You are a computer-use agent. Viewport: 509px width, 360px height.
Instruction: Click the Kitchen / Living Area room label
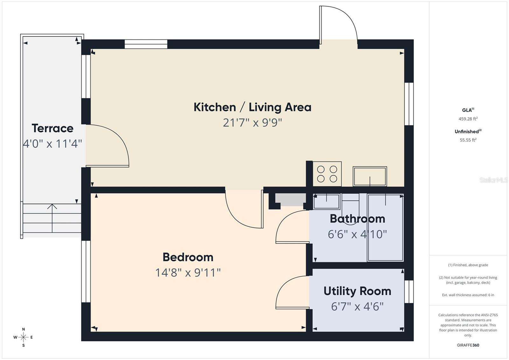click(252, 107)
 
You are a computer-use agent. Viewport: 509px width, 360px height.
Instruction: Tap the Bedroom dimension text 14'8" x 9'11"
click(188, 272)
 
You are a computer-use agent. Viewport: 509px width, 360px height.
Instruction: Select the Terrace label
click(52, 128)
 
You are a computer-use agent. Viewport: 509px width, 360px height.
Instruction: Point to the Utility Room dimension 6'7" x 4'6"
click(357, 307)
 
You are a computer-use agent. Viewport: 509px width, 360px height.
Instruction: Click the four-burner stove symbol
click(327, 174)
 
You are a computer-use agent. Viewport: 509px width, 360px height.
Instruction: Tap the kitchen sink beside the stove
click(370, 176)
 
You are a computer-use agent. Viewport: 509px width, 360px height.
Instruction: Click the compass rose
click(23, 337)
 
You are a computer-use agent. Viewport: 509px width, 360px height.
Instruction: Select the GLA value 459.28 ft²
click(468, 119)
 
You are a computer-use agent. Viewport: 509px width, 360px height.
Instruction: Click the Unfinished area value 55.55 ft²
click(468, 140)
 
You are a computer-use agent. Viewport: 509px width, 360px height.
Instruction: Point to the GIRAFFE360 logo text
click(468, 345)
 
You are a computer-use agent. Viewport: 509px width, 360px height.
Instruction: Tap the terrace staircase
click(52, 218)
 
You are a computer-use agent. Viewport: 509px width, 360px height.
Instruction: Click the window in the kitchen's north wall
click(146, 44)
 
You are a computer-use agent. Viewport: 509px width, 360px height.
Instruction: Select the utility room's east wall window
click(409, 292)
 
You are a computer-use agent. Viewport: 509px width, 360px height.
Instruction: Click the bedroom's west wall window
click(86, 271)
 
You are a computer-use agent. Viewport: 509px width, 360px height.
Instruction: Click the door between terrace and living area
click(107, 145)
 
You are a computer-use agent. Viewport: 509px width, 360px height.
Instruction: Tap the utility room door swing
click(292, 292)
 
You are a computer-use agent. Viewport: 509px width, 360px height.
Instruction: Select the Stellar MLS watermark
click(493, 180)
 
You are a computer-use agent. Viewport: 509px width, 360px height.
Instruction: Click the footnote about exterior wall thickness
click(468, 295)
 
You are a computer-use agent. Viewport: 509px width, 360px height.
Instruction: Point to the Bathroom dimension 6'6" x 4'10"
click(357, 234)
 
